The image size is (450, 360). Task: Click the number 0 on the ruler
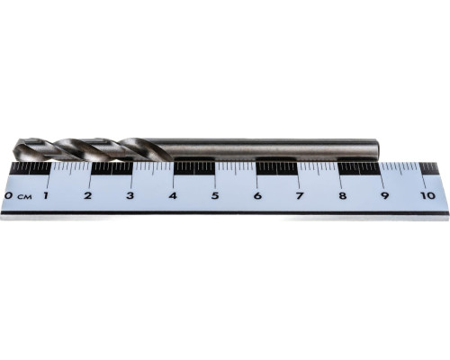9,196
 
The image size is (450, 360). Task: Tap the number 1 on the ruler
46,196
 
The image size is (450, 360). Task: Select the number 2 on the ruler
87,196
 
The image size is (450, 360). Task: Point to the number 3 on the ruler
130,196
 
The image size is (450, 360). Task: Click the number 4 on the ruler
173,196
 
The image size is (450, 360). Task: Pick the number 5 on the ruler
215,196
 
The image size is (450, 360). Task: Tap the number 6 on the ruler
257,196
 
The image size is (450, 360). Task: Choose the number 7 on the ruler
300,196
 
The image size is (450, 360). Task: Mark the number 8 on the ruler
342,196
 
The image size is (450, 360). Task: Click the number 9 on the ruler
384,196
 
